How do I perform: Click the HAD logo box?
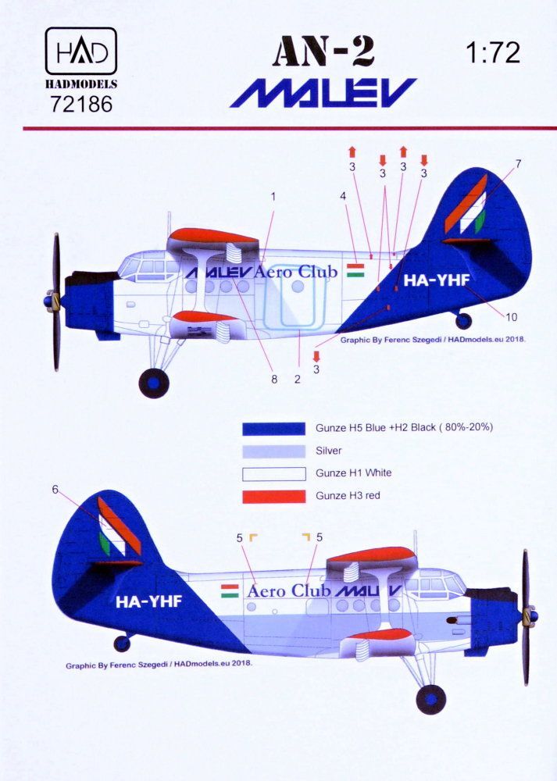(x=80, y=52)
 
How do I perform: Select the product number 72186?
(x=80, y=103)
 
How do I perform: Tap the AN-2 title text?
(x=323, y=53)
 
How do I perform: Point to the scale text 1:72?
(x=491, y=52)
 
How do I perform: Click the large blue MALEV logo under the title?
(x=323, y=93)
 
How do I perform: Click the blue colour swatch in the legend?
(x=273, y=429)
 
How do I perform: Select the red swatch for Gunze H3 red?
(x=273, y=496)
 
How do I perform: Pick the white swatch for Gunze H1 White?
(x=273, y=473)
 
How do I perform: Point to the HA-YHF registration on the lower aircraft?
(x=148, y=601)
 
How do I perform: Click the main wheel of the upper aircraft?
(x=153, y=383)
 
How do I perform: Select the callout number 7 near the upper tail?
(x=517, y=163)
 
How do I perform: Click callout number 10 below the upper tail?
(x=511, y=316)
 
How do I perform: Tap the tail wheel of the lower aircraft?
(x=121, y=644)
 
